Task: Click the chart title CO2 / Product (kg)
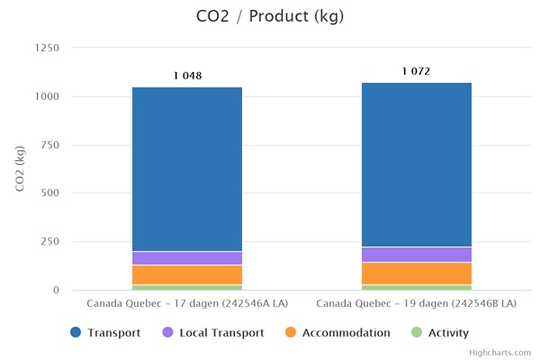tap(270, 16)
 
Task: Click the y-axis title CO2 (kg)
tap(20, 168)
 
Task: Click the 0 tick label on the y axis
tap(55, 291)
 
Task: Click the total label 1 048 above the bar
tap(187, 76)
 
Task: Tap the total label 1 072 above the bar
tap(417, 71)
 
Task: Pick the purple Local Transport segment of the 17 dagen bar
tap(187, 258)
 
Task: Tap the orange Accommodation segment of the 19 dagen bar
tap(417, 274)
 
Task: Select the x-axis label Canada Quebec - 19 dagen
tap(417, 304)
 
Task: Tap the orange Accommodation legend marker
tap(291, 333)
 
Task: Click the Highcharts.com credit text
tap(500, 353)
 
